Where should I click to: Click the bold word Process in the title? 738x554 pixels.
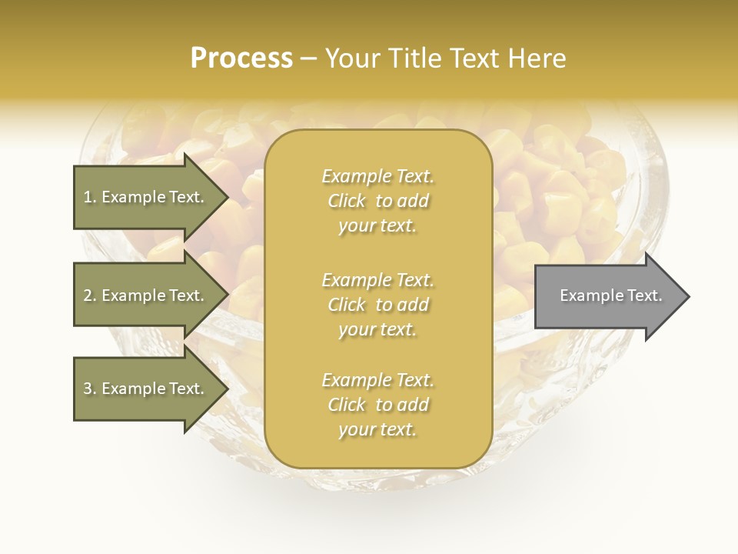tap(241, 58)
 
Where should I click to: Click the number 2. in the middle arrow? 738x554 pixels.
tap(90, 295)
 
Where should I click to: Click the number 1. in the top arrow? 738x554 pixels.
tap(89, 197)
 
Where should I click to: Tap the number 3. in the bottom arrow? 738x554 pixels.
tap(90, 389)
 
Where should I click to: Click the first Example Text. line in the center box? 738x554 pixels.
tap(377, 176)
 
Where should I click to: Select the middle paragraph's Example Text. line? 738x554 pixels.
tap(377, 280)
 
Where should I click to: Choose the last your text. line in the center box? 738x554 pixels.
tap(377, 430)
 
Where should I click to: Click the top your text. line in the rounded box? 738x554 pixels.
tap(377, 226)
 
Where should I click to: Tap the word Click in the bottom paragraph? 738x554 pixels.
tap(347, 405)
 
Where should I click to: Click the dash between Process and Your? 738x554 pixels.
tap(309, 59)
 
